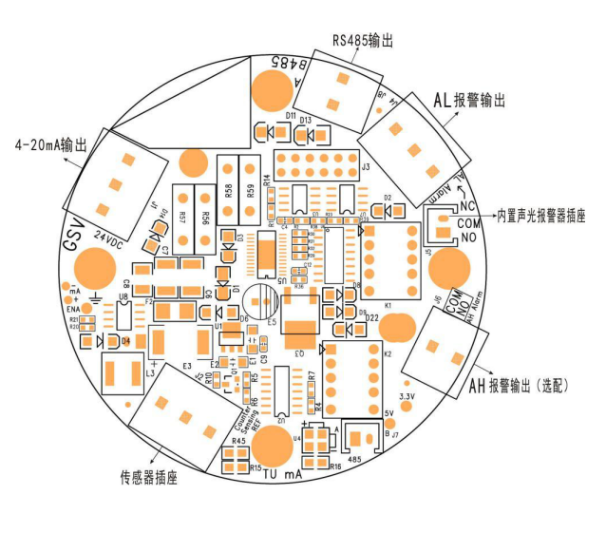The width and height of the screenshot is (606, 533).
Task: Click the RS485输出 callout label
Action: (x=362, y=40)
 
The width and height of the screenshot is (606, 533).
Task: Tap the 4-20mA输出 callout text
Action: (x=51, y=145)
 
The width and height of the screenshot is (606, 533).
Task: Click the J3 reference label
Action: (x=366, y=166)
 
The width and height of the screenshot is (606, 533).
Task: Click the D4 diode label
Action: (x=124, y=341)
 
